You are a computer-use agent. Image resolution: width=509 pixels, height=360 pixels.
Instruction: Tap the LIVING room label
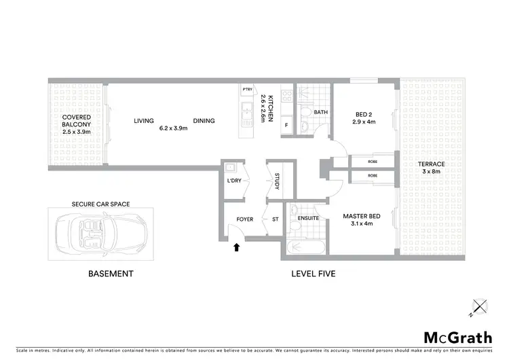143,121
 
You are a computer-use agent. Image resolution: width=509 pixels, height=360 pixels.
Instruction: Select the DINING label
203,121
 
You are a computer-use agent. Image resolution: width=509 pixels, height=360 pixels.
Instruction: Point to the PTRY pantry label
246,90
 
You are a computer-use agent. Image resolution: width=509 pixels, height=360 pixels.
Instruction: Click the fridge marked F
286,126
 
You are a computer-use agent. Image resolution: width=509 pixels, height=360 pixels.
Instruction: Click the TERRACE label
432,164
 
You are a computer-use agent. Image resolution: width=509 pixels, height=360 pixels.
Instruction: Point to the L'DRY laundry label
233,181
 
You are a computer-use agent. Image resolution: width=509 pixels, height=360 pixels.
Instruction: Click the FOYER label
244,219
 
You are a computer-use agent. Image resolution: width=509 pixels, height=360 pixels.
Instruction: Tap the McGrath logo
457,338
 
